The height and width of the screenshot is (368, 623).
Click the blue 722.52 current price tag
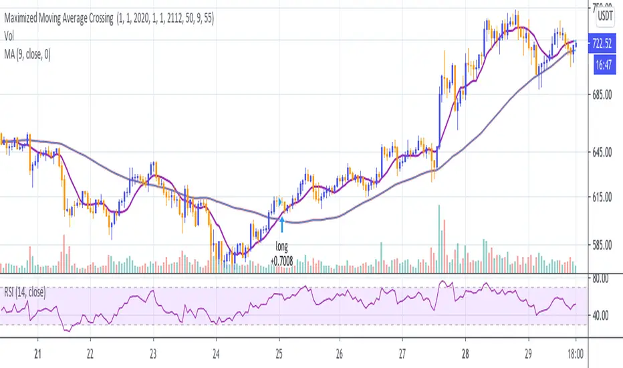point(604,45)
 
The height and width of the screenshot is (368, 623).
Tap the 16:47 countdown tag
point(604,64)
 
